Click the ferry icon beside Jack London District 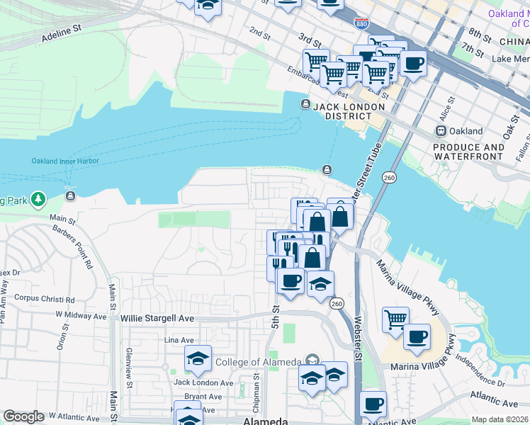(305, 105)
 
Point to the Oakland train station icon (441, 131)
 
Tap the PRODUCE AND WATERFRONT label (468, 152)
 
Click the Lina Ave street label (179, 341)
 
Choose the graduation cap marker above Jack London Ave (198, 358)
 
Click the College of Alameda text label (258, 363)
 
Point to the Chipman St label (256, 397)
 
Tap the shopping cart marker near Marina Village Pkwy (395, 318)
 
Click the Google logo (24, 416)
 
